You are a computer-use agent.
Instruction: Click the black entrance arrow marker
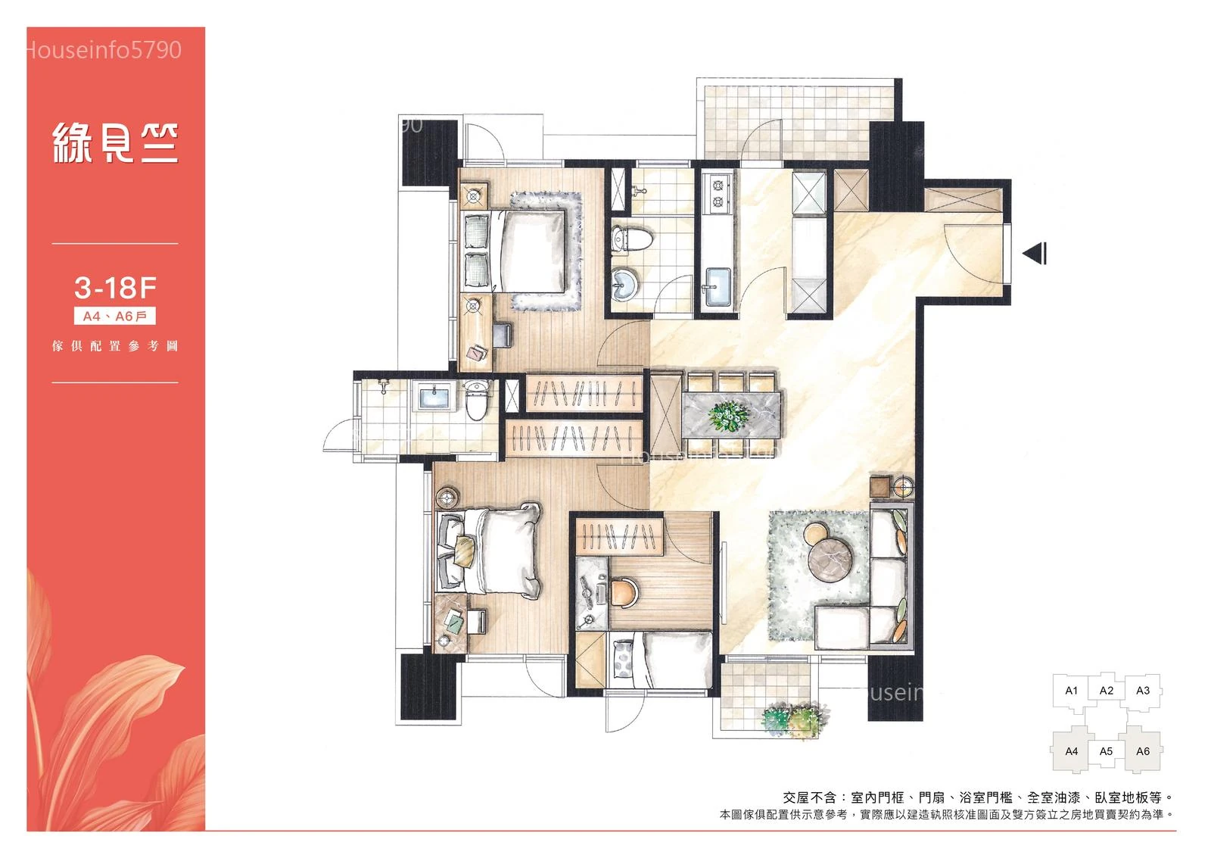point(1035,253)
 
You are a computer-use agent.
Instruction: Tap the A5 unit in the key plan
point(1106,752)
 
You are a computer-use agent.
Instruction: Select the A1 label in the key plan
point(1072,691)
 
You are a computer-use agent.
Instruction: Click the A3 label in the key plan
point(1143,691)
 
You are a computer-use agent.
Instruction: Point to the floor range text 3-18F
point(115,288)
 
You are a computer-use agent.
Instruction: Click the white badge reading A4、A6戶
point(114,317)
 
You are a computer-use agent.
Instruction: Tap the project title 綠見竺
point(115,143)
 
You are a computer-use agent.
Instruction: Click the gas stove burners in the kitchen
point(718,193)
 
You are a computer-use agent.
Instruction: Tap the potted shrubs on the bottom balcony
point(794,719)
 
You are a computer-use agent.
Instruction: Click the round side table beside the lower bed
point(448,497)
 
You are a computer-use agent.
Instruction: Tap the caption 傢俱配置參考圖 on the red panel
point(115,346)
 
